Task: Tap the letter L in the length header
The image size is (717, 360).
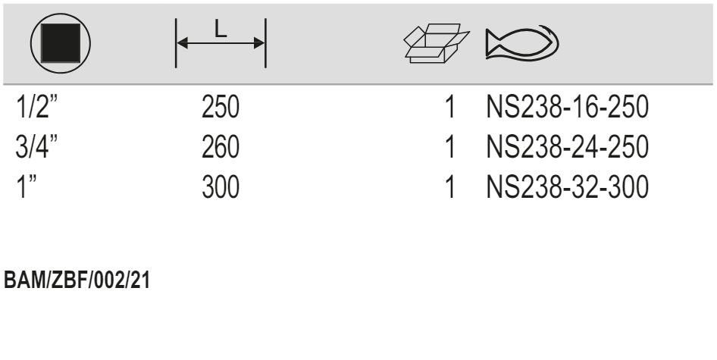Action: pyautogui.click(x=220, y=31)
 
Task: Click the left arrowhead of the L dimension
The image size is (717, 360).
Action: pyautogui.click(x=182, y=44)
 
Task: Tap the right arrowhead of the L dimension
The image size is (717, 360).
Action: pyautogui.click(x=259, y=44)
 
